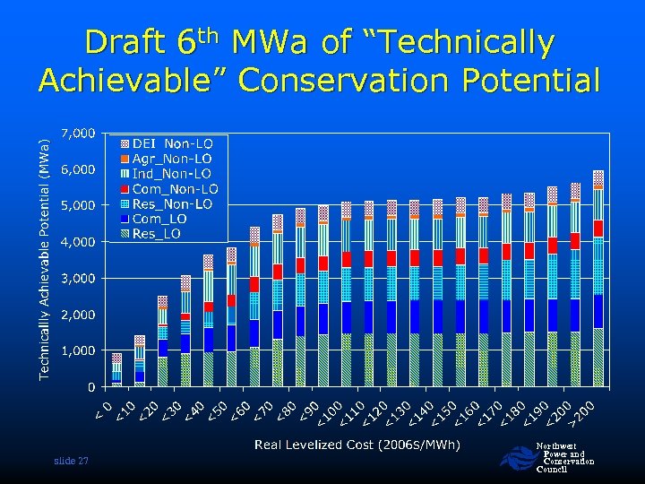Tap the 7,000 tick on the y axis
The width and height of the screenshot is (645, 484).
(78, 133)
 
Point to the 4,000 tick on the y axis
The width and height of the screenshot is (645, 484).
(78, 242)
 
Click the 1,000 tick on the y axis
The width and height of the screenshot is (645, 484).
(78, 351)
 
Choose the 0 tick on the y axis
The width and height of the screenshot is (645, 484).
(91, 387)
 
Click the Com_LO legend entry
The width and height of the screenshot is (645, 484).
(159, 220)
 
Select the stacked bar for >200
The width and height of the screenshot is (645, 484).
(598, 279)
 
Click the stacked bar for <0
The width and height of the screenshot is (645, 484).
(116, 370)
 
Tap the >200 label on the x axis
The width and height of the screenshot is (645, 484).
(586, 410)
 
